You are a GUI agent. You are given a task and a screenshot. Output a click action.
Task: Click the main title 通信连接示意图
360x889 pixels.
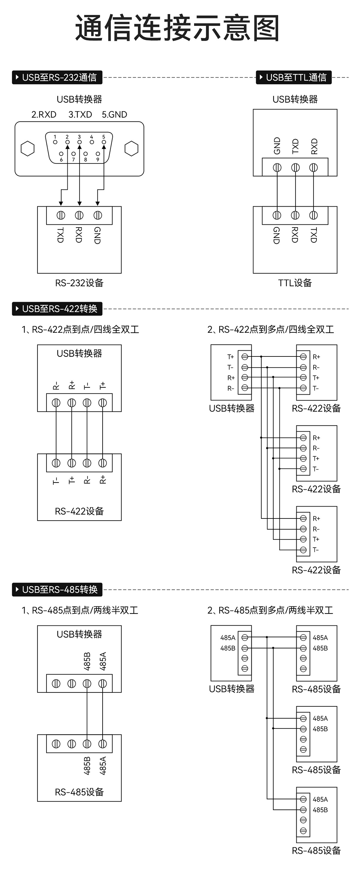point(177,28)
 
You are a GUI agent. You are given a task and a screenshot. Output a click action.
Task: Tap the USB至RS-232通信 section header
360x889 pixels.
point(57,77)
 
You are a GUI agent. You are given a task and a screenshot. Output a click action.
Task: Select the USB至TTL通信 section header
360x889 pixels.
point(293,77)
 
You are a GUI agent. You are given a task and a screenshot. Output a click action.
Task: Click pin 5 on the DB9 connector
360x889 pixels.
point(104,142)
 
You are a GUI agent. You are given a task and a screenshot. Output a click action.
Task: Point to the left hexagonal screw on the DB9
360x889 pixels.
point(28,149)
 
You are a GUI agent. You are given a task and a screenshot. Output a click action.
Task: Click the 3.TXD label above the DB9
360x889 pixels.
point(80,115)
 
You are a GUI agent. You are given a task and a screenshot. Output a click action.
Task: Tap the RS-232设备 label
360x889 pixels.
point(79,283)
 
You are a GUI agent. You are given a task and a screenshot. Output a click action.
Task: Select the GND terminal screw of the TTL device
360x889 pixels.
point(277,215)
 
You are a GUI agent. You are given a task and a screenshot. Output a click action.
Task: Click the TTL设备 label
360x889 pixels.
point(295,283)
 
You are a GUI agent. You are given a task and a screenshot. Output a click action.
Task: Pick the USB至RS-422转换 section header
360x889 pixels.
point(57,309)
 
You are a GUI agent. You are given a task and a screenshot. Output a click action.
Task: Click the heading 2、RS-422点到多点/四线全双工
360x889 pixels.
point(271,329)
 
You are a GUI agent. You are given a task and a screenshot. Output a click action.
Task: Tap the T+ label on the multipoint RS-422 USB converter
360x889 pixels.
point(230,357)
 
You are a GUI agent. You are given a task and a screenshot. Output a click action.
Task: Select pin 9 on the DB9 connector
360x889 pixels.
point(98,154)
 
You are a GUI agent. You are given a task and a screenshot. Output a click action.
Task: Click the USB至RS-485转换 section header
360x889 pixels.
point(57,589)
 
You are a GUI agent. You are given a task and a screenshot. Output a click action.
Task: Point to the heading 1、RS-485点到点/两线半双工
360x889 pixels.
point(80,610)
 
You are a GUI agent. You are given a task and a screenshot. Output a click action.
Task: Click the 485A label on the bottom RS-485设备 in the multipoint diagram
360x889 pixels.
point(320,799)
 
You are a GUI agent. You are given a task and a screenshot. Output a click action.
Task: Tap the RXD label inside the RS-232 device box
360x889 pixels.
point(79,235)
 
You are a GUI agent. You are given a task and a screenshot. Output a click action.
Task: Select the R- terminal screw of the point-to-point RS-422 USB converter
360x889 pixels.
point(56,403)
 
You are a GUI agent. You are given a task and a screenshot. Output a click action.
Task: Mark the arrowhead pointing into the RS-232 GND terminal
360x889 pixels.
point(98,203)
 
